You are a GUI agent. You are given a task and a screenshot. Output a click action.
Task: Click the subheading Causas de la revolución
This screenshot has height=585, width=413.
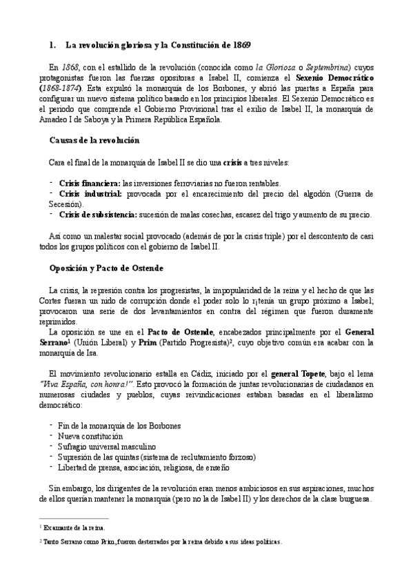click(x=94, y=140)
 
